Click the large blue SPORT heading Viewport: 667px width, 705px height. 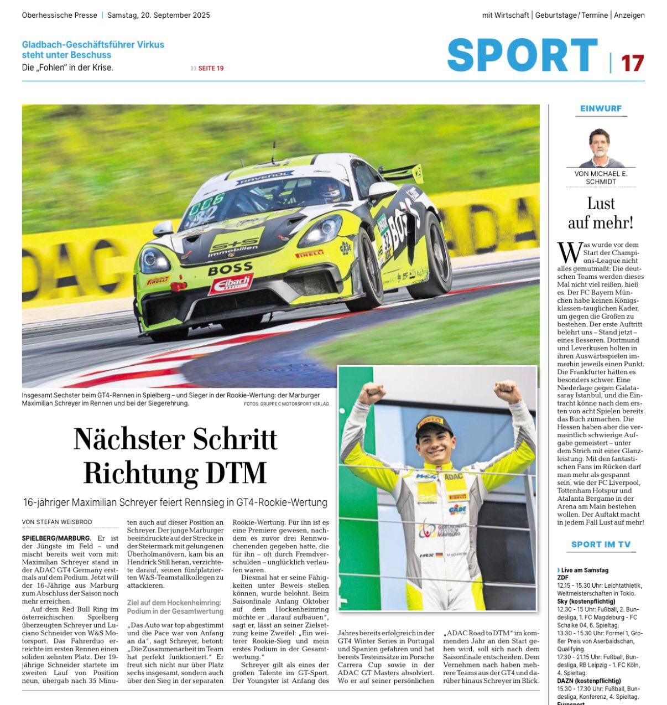click(x=522, y=55)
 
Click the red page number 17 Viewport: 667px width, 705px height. click(x=632, y=63)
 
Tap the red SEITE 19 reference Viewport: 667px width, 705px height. click(x=211, y=68)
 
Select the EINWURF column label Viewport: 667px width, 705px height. click(x=601, y=108)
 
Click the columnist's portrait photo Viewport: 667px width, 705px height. click(x=601, y=148)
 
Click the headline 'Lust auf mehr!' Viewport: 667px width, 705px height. click(x=601, y=213)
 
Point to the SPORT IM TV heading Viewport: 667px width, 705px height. click(x=601, y=545)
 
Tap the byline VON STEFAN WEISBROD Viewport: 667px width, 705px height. click(x=57, y=522)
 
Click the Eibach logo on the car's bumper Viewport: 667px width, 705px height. click(x=231, y=283)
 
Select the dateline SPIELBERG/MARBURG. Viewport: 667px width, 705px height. click(x=56, y=538)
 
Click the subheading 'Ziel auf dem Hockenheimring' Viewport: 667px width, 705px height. click(x=174, y=603)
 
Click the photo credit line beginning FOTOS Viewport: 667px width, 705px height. click(x=286, y=404)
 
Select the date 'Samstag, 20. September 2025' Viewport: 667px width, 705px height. click(x=159, y=15)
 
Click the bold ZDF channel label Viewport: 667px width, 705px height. click(x=562, y=578)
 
